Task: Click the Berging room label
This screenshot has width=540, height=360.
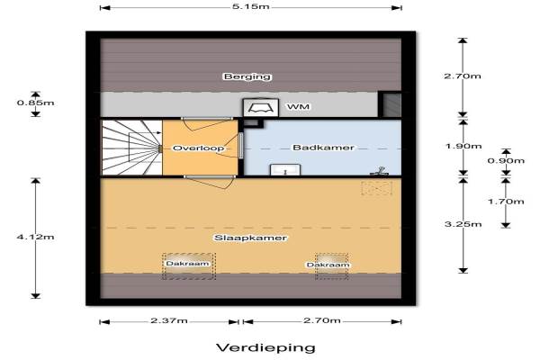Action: pyautogui.click(x=247, y=76)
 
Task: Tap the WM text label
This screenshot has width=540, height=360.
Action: pyautogui.click(x=298, y=107)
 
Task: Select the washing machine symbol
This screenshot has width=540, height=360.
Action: pyautogui.click(x=261, y=108)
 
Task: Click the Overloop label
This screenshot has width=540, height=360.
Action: pyautogui.click(x=198, y=148)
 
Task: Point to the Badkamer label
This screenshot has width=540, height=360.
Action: pyautogui.click(x=323, y=148)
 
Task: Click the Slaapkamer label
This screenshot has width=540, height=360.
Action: pyautogui.click(x=250, y=238)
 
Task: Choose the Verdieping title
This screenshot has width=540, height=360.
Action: pyautogui.click(x=265, y=347)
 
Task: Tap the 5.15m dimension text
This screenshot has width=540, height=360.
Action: pyautogui.click(x=250, y=6)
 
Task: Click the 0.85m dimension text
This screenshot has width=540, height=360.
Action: pyautogui.click(x=35, y=103)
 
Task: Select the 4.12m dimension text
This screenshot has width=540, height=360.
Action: pyautogui.click(x=35, y=237)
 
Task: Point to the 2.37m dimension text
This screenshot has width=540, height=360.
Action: pyautogui.click(x=169, y=320)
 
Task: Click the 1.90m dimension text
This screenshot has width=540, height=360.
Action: pyautogui.click(x=463, y=146)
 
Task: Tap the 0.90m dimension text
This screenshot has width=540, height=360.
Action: pyautogui.click(x=506, y=160)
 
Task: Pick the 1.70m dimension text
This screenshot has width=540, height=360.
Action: pyautogui.click(x=506, y=202)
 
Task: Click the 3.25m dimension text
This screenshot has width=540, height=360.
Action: pyautogui.click(x=463, y=224)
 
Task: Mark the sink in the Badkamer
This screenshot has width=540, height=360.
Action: pyautogui.click(x=285, y=170)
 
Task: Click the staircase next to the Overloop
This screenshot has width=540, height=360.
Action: pyautogui.click(x=132, y=148)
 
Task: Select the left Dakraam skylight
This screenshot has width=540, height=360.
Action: pyautogui.click(x=189, y=266)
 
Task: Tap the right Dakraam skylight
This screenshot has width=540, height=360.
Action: pyautogui.click(x=331, y=266)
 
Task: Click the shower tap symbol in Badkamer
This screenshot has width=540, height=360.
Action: pyautogui.click(x=379, y=171)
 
